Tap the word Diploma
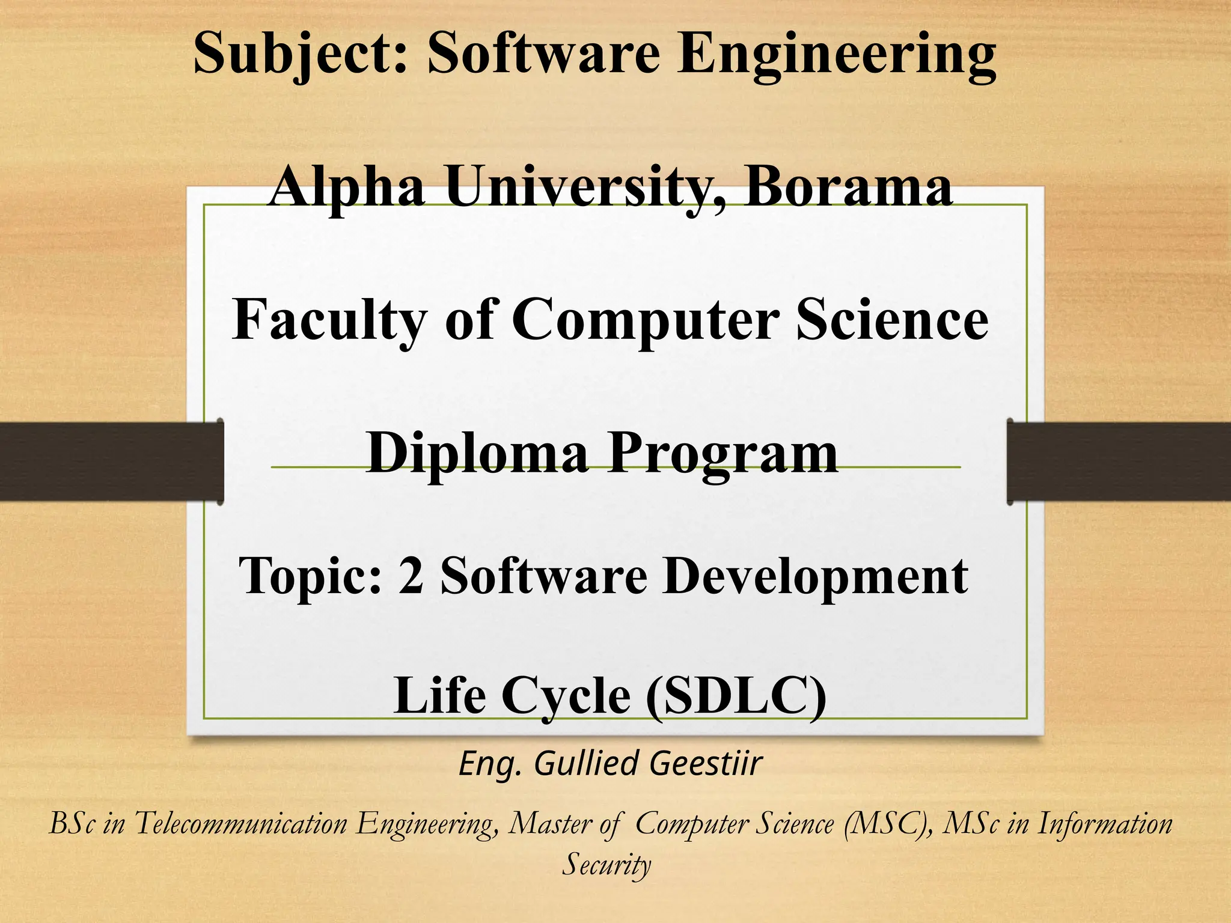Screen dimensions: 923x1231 pos(477,454)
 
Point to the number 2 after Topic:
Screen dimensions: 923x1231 pos(411,576)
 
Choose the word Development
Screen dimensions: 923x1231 pos(815,576)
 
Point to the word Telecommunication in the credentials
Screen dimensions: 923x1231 pos(241,823)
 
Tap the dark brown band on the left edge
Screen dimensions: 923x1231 pos(108,461)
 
